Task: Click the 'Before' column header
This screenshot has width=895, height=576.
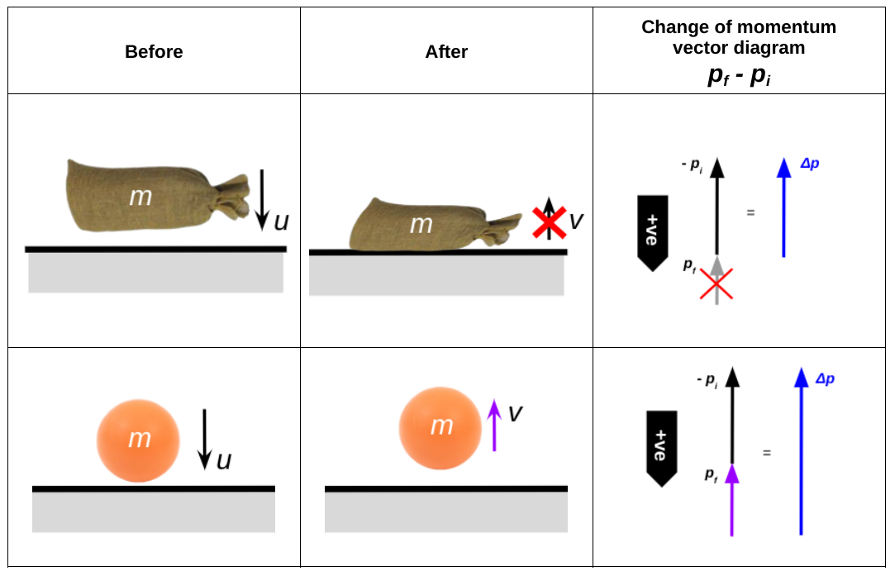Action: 154,52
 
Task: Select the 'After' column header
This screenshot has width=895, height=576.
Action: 446,52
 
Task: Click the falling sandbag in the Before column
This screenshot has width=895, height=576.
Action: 149,195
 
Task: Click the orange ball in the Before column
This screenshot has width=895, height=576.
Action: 138,438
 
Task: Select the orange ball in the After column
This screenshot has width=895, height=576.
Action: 440,426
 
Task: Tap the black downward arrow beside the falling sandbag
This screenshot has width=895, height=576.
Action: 261,198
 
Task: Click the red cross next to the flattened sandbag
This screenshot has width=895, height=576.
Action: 549,221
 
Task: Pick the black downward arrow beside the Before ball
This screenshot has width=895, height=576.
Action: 205,439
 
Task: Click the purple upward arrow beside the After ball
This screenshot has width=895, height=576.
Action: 494,425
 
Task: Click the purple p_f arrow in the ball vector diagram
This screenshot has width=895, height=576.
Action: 731,499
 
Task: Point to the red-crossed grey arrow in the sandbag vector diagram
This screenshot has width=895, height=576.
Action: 716,282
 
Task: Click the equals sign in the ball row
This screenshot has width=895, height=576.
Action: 767,453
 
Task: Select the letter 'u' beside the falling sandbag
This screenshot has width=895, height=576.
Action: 282,221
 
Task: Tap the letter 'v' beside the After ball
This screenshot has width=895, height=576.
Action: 515,413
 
